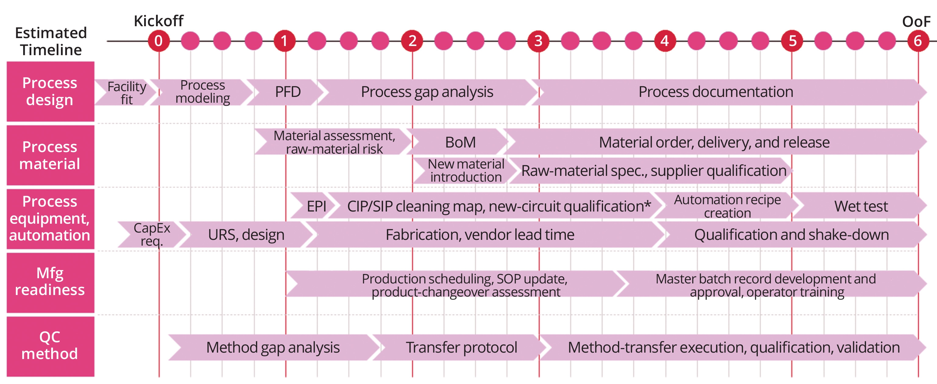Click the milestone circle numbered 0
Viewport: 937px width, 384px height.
click(x=158, y=41)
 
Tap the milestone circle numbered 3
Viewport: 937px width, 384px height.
click(x=538, y=41)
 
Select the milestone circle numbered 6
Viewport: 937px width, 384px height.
click(x=918, y=41)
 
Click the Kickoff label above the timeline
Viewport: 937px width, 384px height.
click(x=158, y=21)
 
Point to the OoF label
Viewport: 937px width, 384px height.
click(x=916, y=22)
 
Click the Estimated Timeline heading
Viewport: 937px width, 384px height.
click(x=51, y=41)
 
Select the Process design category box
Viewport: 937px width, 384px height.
click(x=50, y=91)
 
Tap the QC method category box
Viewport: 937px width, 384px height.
click(x=50, y=346)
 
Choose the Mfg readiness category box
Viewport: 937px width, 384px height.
click(x=50, y=282)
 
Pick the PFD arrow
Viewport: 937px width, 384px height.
click(x=287, y=92)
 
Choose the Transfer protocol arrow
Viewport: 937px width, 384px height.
click(x=461, y=347)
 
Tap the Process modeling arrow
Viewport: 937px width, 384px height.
click(x=203, y=92)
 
